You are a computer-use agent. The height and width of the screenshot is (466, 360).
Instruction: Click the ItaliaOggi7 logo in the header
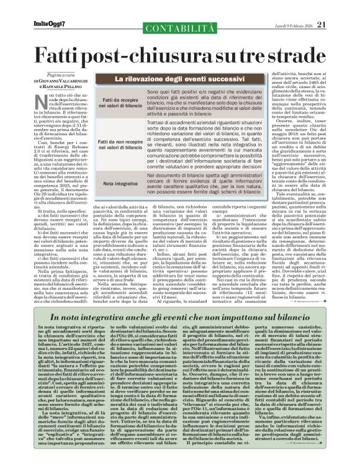(x=29, y=7)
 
